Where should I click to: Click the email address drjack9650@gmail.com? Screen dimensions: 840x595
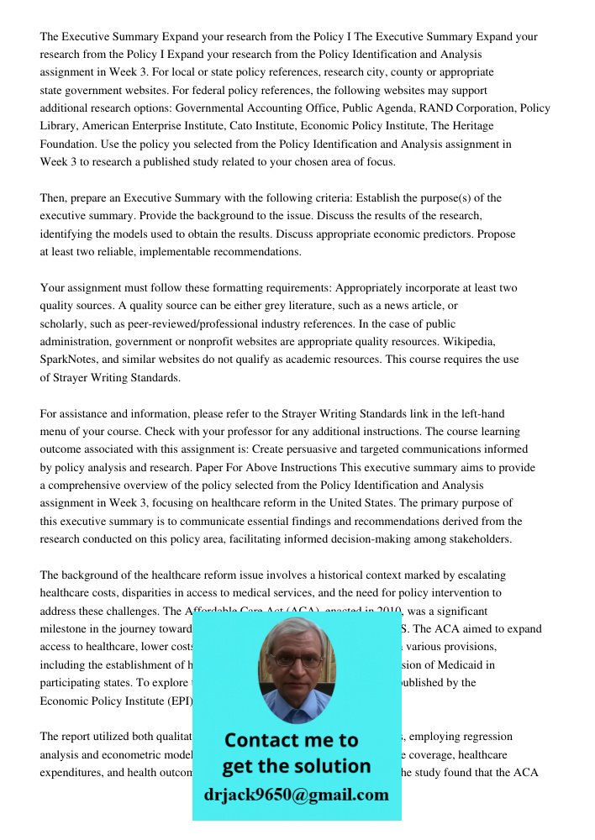tap(296, 795)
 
